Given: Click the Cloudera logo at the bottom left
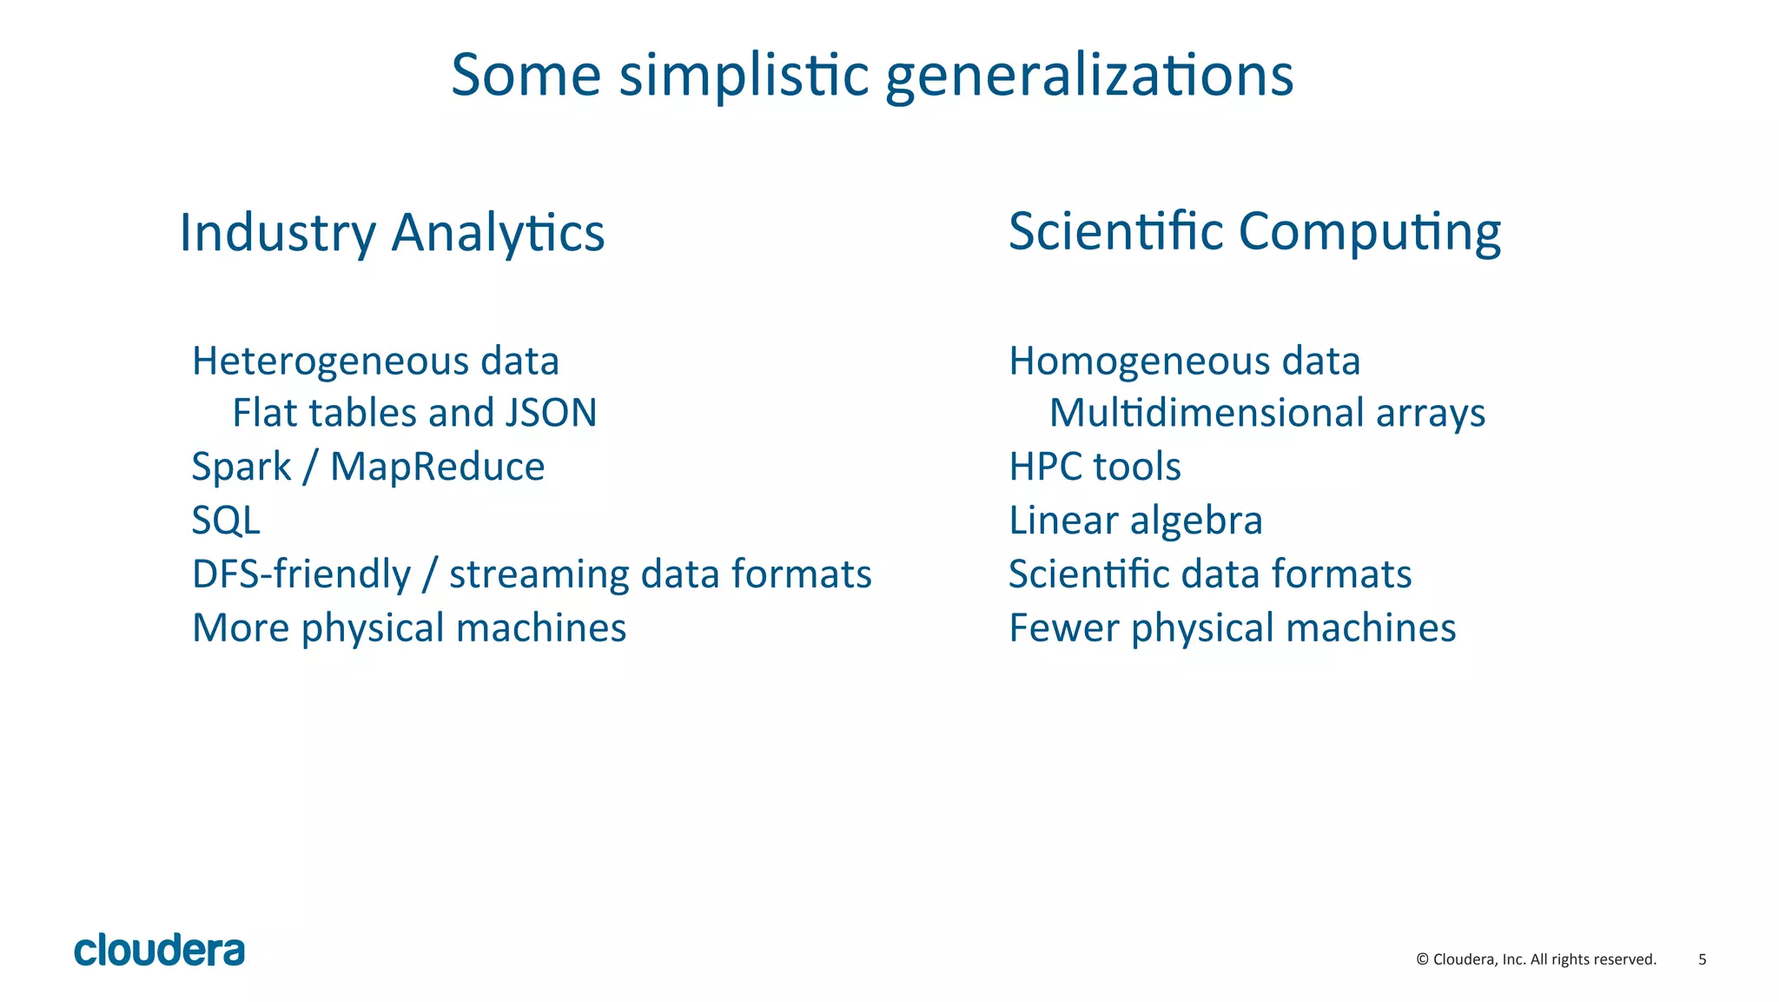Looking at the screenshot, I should pos(159,950).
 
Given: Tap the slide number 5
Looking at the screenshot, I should pos(1702,959).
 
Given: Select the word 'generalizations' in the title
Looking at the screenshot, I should pos(1089,76).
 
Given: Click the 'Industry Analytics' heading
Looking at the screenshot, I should pos(392,233).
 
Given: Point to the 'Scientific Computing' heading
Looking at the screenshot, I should pos(1254,232).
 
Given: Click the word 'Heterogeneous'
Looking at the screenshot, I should pos(331,362).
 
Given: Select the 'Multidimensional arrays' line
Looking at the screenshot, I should pos(1266,413).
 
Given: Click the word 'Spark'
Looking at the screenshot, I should pos(241,468).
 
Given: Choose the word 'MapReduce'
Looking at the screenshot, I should pos(437,467).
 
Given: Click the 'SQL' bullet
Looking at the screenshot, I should pos(226,521).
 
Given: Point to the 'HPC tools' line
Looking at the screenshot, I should pos(1095,467).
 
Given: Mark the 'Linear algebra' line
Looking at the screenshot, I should pos(1135,521).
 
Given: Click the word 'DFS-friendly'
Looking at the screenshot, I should pos(301,574).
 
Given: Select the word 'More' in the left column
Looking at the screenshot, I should pos(241,627).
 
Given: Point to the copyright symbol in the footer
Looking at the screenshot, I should pos(1422,959).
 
